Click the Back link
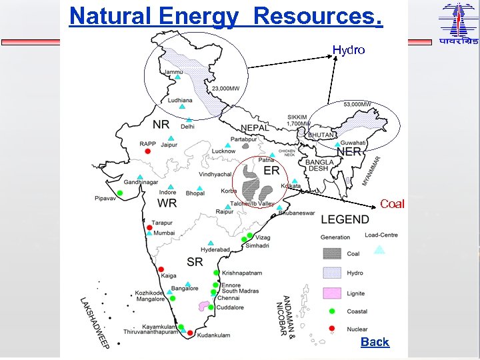tap(375, 342)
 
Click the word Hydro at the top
tap(349, 50)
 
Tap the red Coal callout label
tap(392, 204)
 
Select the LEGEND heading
tap(345, 219)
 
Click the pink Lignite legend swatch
tap(333, 293)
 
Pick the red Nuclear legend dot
tap(332, 328)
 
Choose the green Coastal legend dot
tap(332, 311)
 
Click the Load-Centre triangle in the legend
tap(379, 250)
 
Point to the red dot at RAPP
tap(148, 151)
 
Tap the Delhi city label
tap(187, 126)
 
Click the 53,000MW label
tap(357, 105)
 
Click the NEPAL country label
tap(255, 127)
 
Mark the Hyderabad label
tap(215, 250)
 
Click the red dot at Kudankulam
tap(191, 333)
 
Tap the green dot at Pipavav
tap(120, 193)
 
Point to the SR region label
tap(195, 261)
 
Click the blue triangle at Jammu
tap(177, 77)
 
